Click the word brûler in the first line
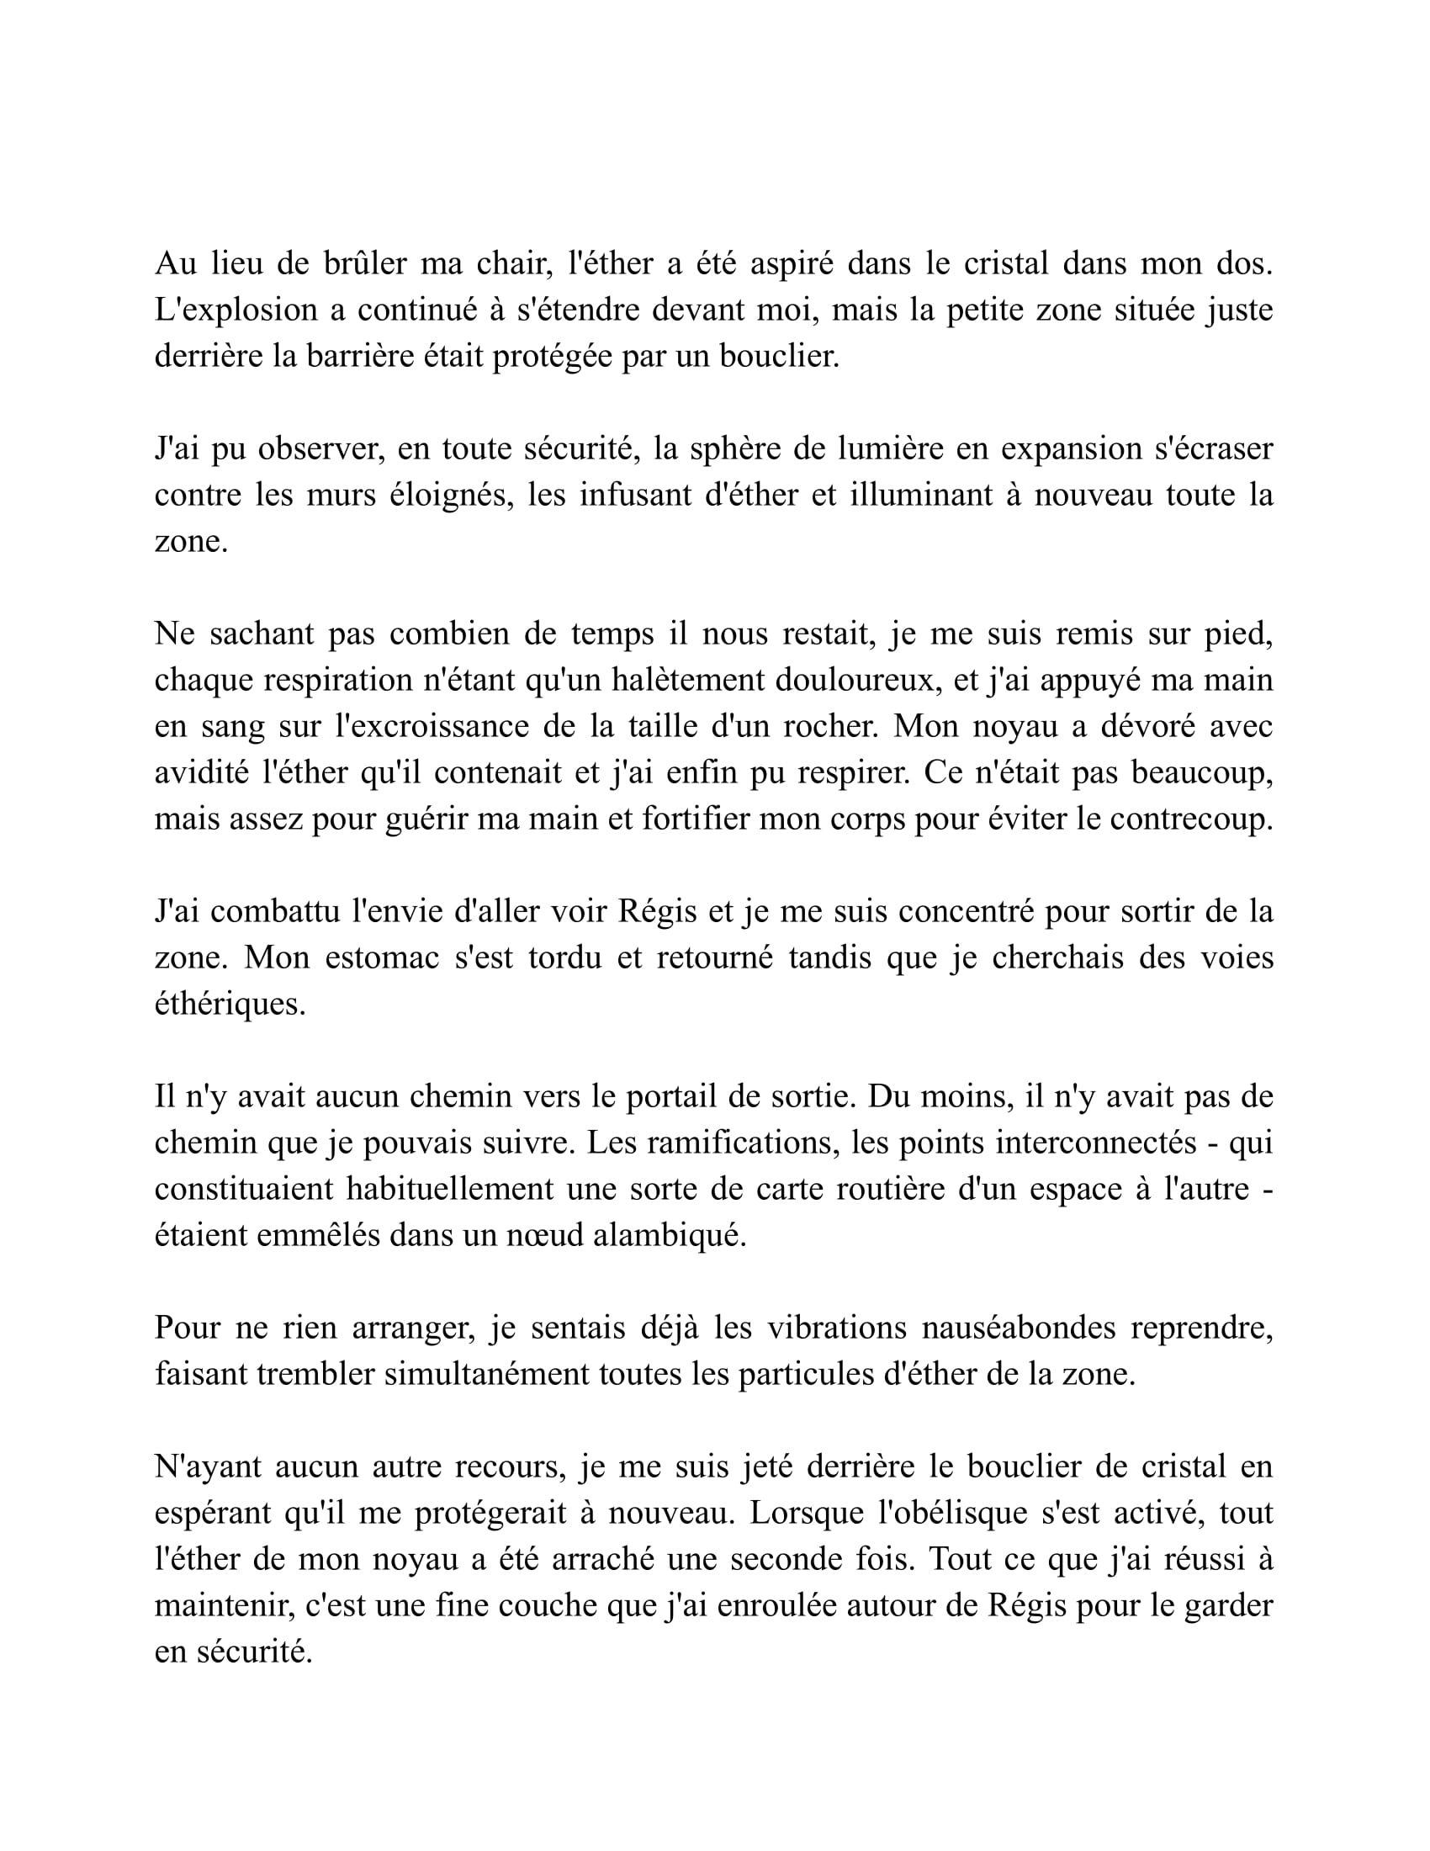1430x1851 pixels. [365, 263]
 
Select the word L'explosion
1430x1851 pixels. [234, 310]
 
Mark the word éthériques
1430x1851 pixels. [230, 1005]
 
